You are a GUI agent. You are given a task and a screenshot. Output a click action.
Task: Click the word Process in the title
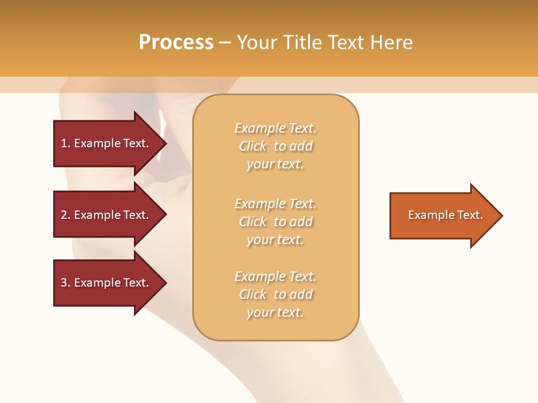click(x=176, y=43)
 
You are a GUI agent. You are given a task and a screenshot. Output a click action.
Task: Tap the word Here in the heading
click(x=391, y=43)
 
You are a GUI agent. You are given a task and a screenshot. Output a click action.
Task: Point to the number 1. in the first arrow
click(x=65, y=143)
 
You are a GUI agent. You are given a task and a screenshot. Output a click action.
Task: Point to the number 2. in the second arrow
click(x=65, y=215)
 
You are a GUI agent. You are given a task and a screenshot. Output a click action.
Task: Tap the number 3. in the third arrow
click(x=65, y=283)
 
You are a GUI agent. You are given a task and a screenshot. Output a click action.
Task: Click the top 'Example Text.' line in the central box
click(x=275, y=128)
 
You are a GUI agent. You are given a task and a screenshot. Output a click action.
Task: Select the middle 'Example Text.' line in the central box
click(x=275, y=204)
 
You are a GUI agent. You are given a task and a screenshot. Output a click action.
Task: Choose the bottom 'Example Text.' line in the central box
click(x=275, y=277)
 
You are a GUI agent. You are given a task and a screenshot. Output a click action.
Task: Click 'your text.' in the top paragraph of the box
click(x=275, y=165)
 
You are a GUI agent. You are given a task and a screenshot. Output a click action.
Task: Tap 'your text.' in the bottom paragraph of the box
click(x=275, y=312)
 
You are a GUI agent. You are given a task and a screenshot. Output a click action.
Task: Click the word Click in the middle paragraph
click(x=253, y=222)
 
